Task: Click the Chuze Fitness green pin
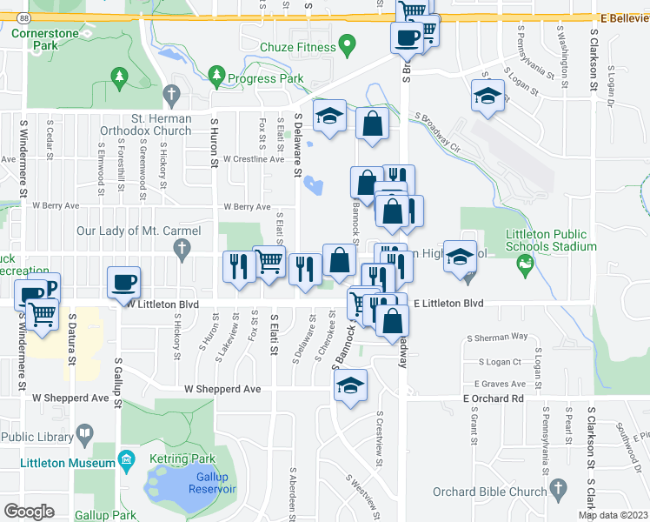[348, 43]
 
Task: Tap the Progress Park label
[265, 78]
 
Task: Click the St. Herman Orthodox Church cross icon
[172, 93]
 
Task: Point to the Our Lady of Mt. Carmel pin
[182, 251]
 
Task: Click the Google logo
[30, 511]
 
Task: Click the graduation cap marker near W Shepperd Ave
[349, 386]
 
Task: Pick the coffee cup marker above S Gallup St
[123, 283]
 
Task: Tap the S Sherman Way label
[497, 337]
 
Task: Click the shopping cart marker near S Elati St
[269, 261]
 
